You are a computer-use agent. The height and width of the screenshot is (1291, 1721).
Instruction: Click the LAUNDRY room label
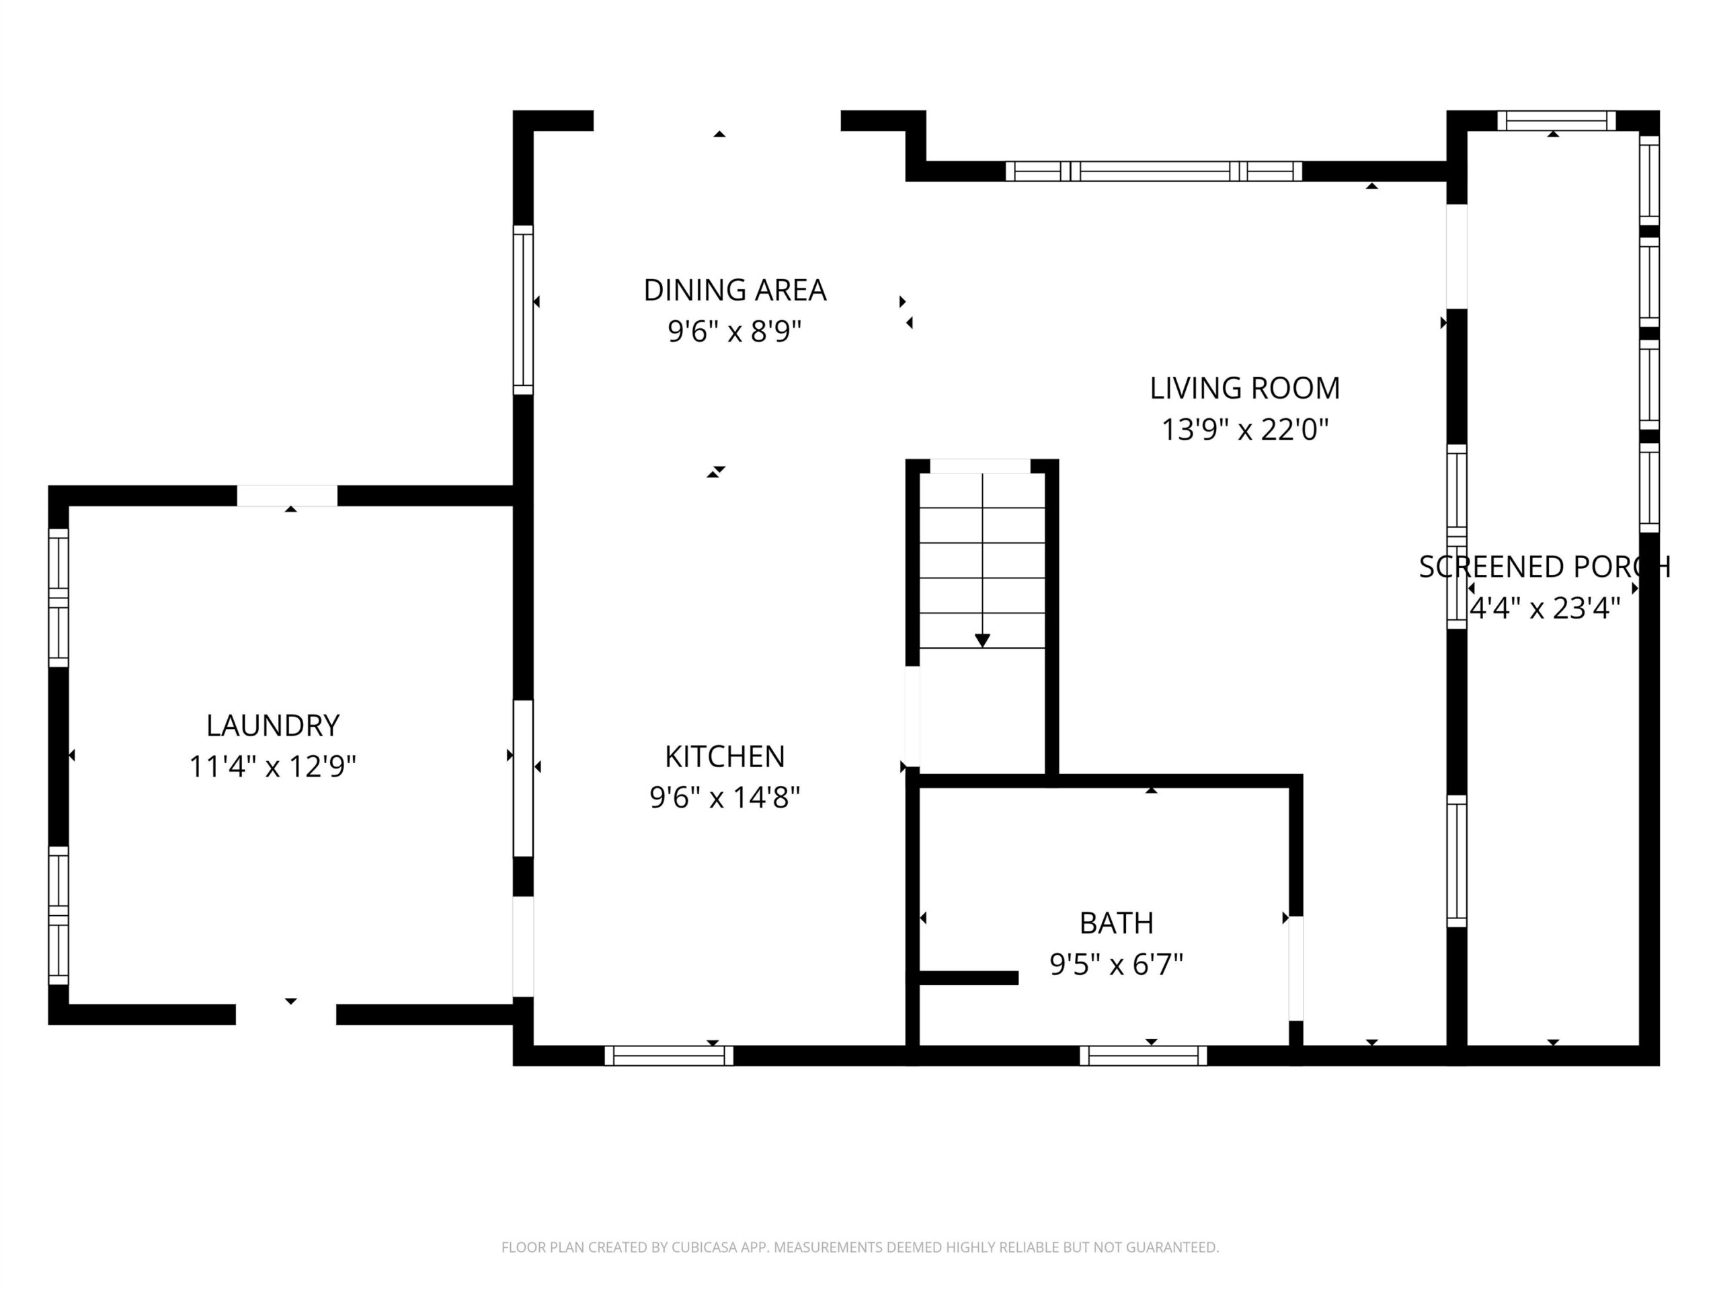(x=273, y=726)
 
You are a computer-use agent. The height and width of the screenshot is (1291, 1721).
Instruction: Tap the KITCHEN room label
(x=725, y=756)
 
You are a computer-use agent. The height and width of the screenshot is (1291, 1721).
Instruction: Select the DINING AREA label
(x=735, y=290)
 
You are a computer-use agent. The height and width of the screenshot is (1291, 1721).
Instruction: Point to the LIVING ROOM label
(x=1245, y=389)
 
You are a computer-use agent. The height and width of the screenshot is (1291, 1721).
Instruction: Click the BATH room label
(x=1117, y=923)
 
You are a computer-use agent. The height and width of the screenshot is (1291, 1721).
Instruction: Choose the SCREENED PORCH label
(x=1544, y=567)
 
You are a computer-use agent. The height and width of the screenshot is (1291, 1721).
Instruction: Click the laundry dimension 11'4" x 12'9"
(x=273, y=767)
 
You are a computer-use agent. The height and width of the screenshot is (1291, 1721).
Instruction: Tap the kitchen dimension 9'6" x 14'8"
(x=725, y=797)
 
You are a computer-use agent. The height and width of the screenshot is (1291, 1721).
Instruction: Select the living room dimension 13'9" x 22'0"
(x=1245, y=430)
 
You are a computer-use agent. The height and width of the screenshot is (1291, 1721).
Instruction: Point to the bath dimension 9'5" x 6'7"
(x=1117, y=965)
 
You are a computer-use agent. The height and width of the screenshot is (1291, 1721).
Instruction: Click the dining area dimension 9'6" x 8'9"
(x=735, y=331)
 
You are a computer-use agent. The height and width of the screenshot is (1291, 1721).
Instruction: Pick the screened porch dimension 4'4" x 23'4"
(x=1544, y=608)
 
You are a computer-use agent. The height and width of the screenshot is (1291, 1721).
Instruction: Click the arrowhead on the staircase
(x=983, y=640)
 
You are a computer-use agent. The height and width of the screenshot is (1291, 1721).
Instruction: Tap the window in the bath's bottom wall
(x=1144, y=1055)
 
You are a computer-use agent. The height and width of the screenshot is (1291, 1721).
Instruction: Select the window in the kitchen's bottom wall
(x=669, y=1055)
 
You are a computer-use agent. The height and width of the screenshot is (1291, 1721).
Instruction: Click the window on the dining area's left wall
(x=523, y=310)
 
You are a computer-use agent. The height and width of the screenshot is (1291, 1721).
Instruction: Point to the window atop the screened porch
(x=1557, y=120)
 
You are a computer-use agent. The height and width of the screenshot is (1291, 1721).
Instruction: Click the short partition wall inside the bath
(x=969, y=978)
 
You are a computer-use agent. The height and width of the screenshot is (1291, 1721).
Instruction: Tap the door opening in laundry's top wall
(x=287, y=496)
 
